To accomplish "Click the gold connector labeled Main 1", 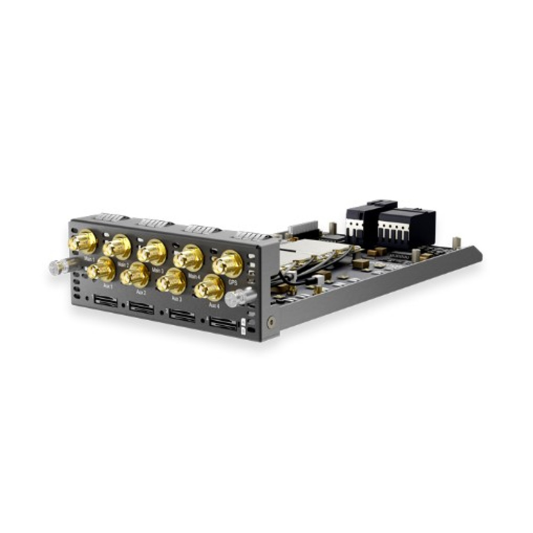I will pos(83,241).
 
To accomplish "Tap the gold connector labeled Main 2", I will pos(117,246).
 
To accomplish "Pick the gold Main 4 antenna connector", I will pos(189,257).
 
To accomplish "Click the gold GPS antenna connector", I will pos(228,263).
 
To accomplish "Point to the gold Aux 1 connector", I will pos(101,269).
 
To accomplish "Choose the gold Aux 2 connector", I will pos(135,275).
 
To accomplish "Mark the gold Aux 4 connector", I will pos(209,288).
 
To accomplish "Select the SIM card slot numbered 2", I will pos(141,308).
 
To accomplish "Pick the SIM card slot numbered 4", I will pos(222,323).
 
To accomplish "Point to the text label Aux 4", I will pos(214,306).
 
